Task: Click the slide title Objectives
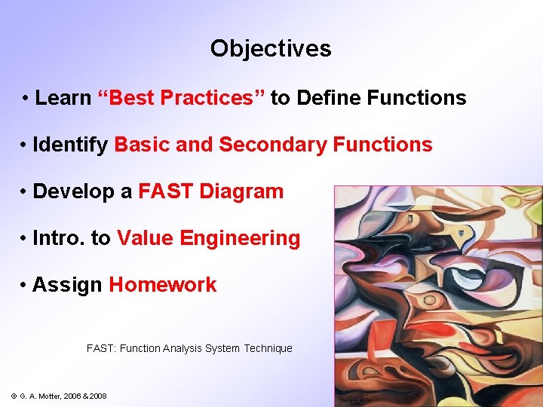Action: (271, 49)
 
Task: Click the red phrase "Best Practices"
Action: (181, 98)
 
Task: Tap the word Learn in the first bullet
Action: (63, 98)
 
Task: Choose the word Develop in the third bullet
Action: (76, 191)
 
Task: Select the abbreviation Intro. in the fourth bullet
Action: (59, 238)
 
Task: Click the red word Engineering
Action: (250, 238)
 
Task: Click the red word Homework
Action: (163, 285)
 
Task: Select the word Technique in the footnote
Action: (267, 348)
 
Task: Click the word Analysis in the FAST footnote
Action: (182, 348)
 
